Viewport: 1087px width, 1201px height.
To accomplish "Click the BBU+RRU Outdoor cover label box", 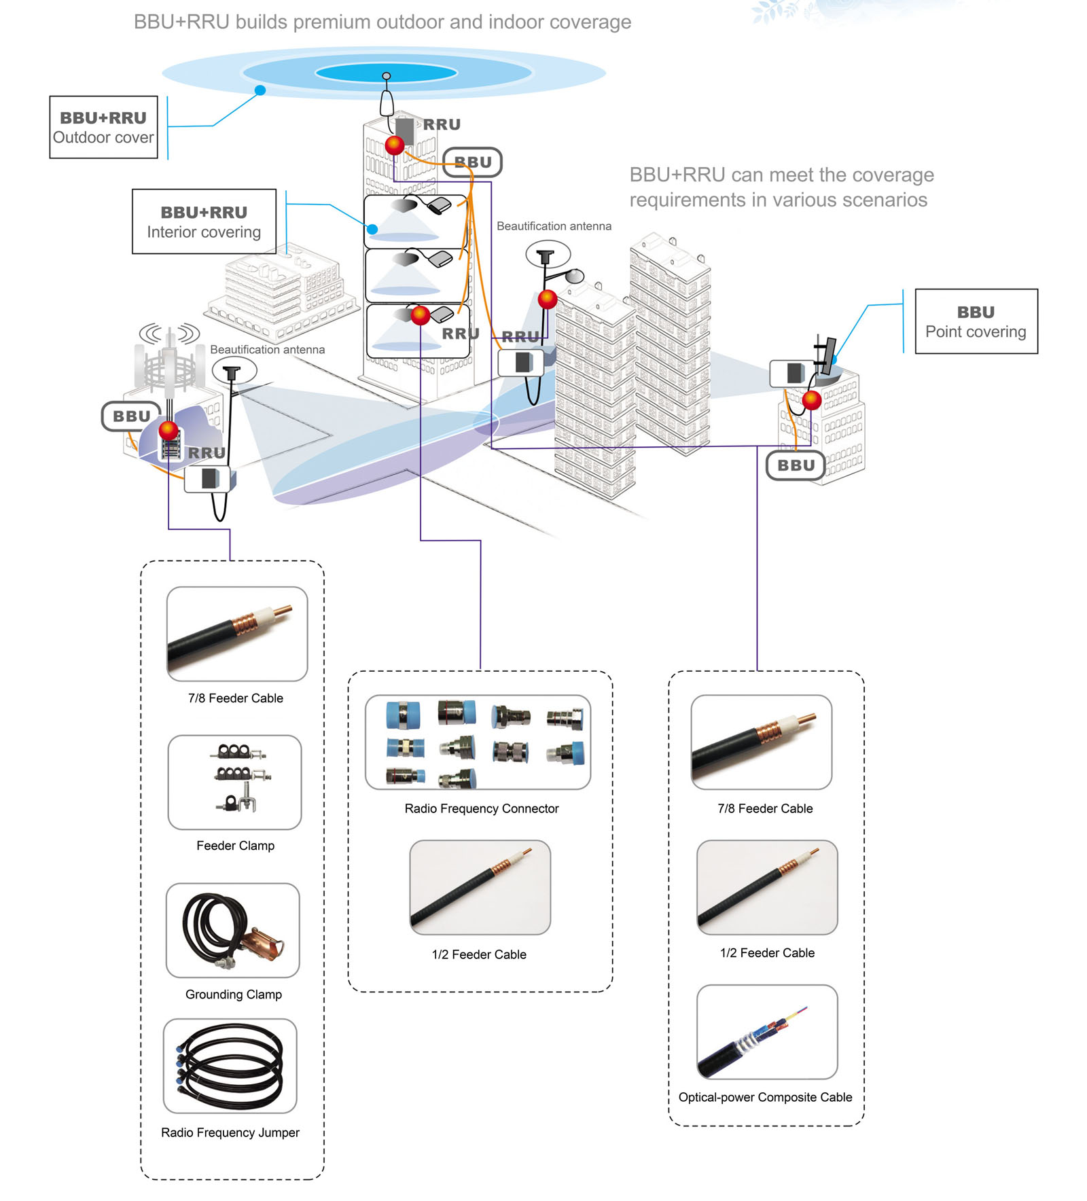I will click(x=103, y=127).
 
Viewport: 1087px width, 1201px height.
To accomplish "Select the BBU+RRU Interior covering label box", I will click(x=204, y=221).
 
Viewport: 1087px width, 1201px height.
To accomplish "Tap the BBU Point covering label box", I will click(x=976, y=321).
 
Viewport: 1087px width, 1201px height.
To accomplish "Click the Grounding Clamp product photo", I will click(x=232, y=930).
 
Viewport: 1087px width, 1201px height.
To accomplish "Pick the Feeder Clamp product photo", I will click(x=234, y=782).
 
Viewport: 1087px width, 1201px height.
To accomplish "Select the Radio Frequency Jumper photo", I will click(x=230, y=1065).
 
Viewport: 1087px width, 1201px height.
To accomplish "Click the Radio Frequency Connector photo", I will click(x=478, y=742).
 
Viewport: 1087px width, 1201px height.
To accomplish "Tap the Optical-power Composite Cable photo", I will click(x=767, y=1031).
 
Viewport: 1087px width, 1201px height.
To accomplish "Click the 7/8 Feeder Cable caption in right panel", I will click(x=765, y=808).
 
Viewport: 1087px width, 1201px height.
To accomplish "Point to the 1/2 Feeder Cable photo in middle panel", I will click(x=480, y=887).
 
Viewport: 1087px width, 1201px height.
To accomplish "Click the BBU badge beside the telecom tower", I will click(x=131, y=416).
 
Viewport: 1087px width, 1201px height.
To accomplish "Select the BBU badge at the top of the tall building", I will click(x=473, y=162).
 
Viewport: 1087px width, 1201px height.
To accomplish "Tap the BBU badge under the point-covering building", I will click(x=796, y=465).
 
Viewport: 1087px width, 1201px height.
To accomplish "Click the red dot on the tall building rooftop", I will click(x=395, y=145).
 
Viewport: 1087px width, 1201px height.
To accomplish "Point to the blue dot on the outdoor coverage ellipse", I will click(x=260, y=90).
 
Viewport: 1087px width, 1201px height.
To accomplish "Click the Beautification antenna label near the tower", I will click(x=267, y=349).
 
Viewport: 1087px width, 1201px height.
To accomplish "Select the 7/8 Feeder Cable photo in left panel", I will click(x=237, y=634).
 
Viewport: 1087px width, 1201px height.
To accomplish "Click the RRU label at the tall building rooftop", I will click(x=442, y=124).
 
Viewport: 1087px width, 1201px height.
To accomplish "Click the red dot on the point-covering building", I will click(x=812, y=400).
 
